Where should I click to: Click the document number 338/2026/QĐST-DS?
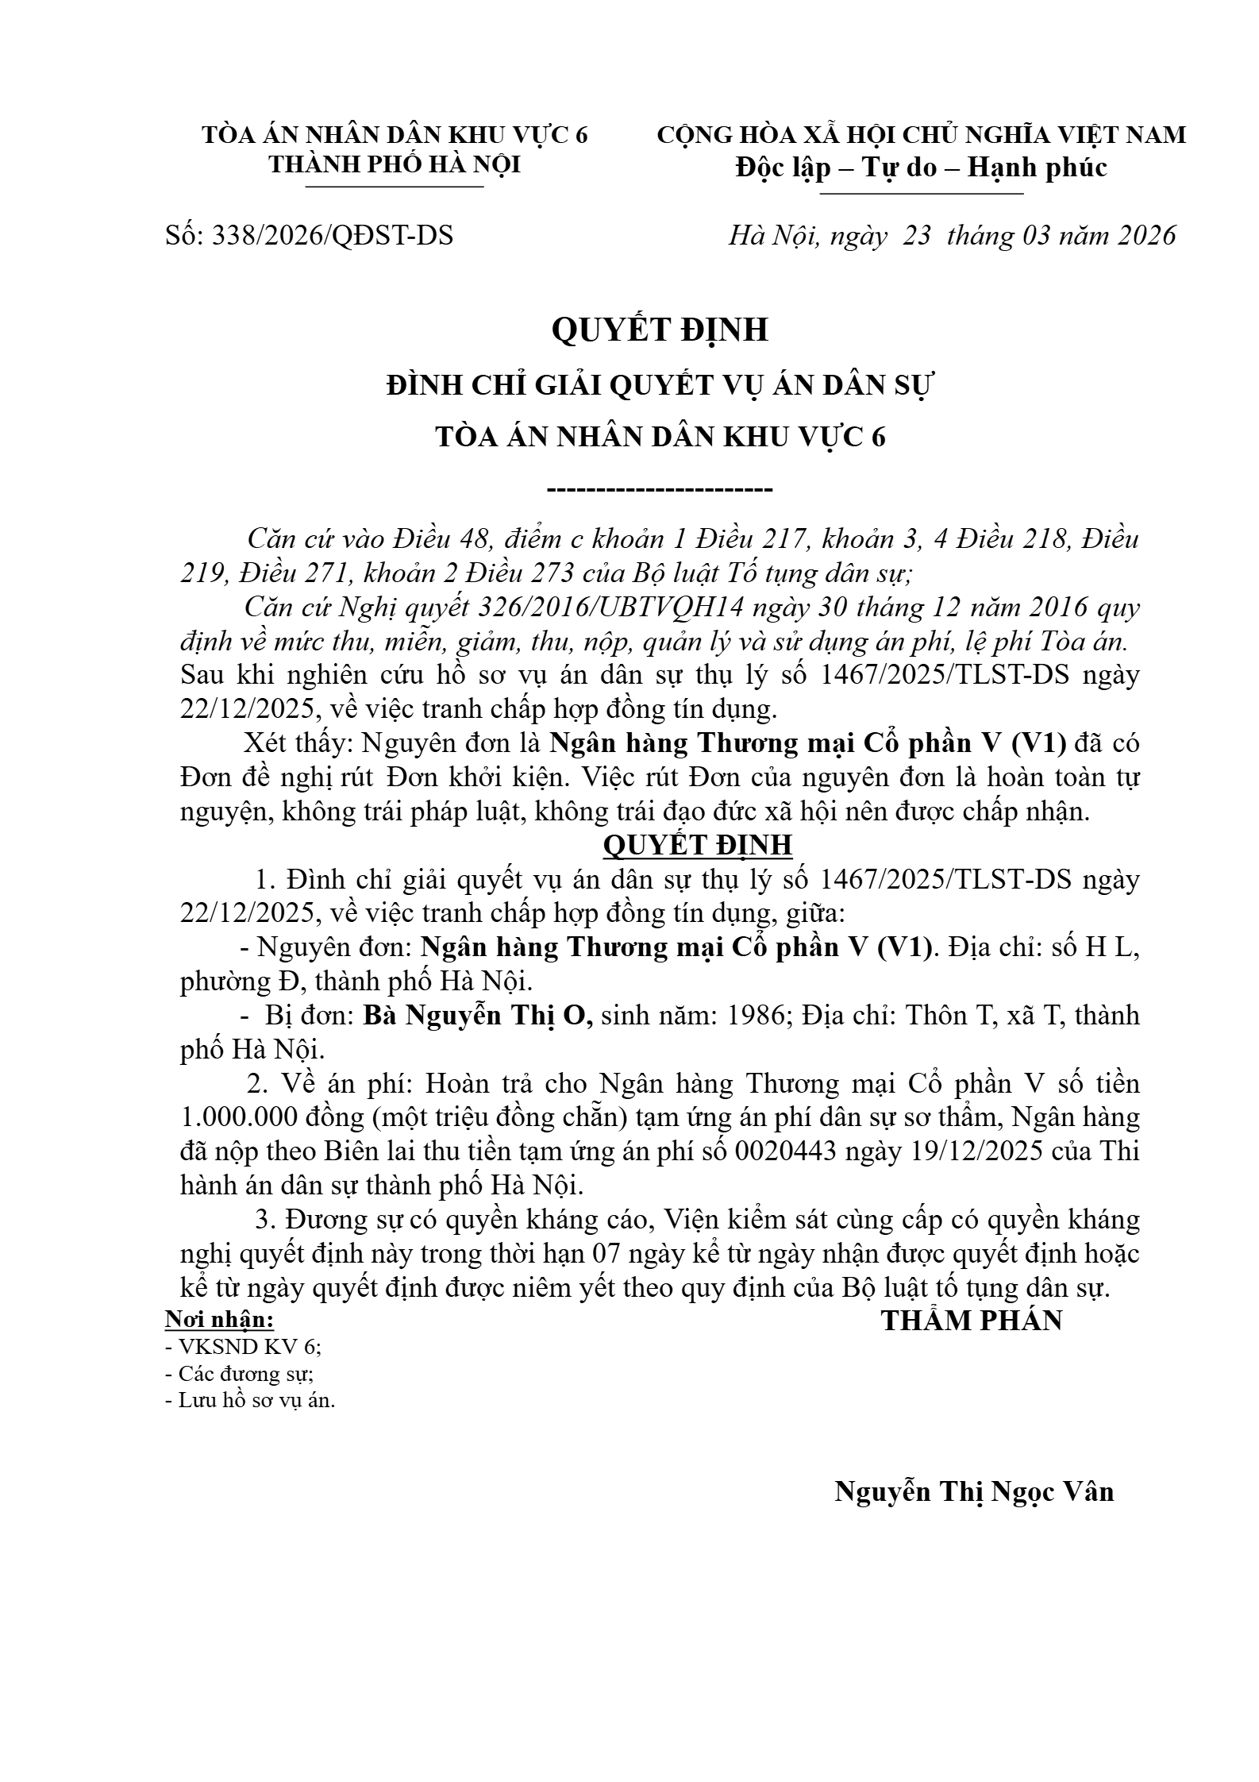[332, 236]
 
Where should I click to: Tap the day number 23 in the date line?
[917, 236]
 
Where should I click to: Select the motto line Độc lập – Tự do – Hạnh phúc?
[921, 168]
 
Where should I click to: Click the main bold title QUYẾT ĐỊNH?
[660, 330]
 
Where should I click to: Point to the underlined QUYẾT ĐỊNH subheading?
[698, 845]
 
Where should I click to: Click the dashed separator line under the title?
[660, 488]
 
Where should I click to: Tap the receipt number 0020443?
[786, 1151]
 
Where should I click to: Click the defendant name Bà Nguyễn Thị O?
[478, 1016]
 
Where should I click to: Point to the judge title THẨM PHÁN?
[971, 1321]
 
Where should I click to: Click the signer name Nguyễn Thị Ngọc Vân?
[974, 1491]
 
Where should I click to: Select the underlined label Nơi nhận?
[219, 1321]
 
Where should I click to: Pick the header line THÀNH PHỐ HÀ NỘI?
[395, 164]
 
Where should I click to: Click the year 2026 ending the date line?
[1146, 236]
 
